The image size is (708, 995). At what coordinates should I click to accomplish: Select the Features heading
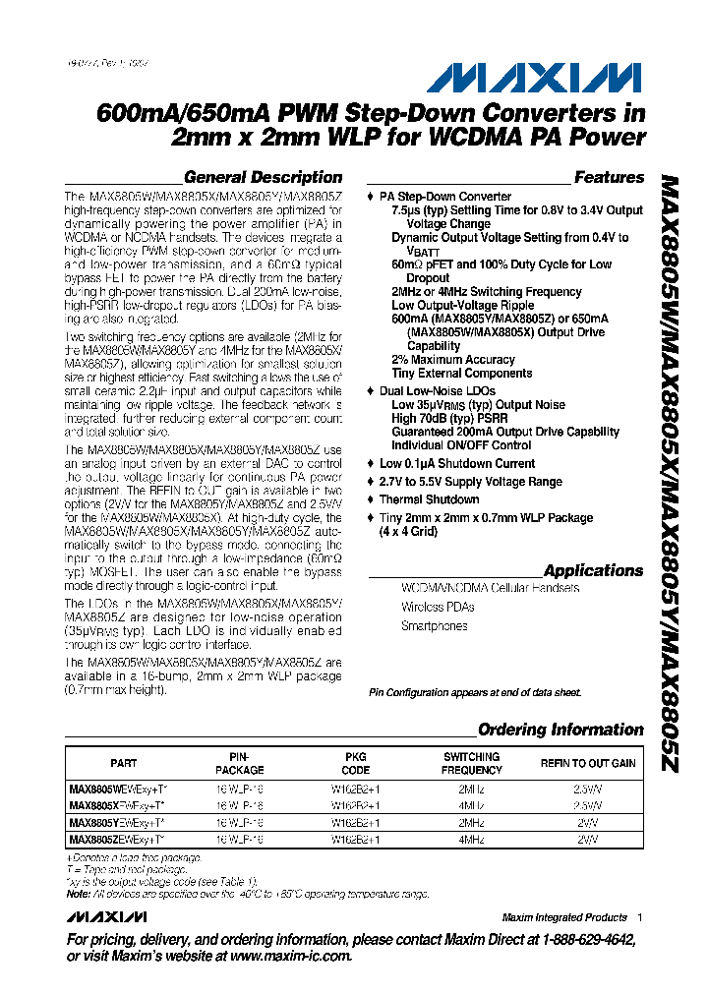point(609,178)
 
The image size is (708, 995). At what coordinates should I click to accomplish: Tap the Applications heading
point(593,571)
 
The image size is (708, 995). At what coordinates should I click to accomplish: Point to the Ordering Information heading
point(560,730)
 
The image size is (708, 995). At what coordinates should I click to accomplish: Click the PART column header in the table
point(124,764)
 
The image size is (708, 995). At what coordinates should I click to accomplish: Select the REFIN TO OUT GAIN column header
point(588,764)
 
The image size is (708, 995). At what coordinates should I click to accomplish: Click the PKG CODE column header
point(355,764)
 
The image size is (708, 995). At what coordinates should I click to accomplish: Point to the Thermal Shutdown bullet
point(430,499)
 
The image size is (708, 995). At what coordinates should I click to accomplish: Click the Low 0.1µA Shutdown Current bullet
point(457,463)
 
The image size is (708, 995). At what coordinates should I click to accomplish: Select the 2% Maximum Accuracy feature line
point(452,360)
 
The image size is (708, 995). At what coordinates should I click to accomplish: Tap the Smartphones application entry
point(434,626)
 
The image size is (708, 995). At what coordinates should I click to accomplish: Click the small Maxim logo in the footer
point(107,916)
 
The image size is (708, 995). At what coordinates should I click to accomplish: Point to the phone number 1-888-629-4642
point(577,939)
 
